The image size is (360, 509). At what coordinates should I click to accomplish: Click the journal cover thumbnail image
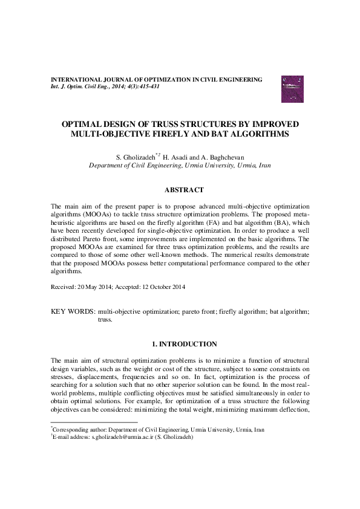point(292,88)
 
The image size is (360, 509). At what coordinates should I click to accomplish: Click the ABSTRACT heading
point(180,190)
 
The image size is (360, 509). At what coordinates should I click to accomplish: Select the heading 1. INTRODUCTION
point(180,344)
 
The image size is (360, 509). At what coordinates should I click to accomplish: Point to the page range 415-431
point(148,86)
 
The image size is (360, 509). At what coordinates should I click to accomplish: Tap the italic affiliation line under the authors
point(180,165)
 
